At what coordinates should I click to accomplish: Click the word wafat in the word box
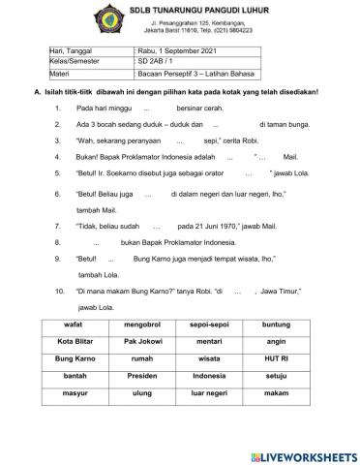(x=74, y=325)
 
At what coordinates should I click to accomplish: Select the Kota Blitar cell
(x=74, y=341)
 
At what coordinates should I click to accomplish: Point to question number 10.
(x=60, y=291)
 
